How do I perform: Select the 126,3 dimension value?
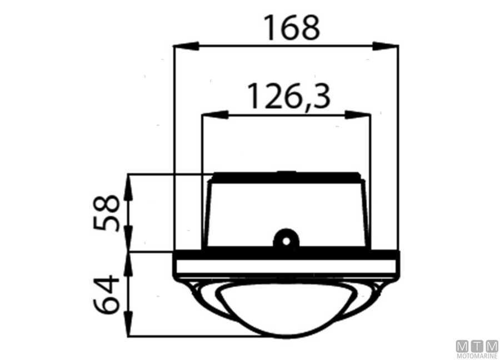288,96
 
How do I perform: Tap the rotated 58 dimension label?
106,213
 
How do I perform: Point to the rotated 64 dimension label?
106,294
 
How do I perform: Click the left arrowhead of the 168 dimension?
187,46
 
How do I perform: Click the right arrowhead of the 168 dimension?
385,46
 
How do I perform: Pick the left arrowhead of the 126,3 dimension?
215,114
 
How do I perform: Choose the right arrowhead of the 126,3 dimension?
357,114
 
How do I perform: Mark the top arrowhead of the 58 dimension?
128,187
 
